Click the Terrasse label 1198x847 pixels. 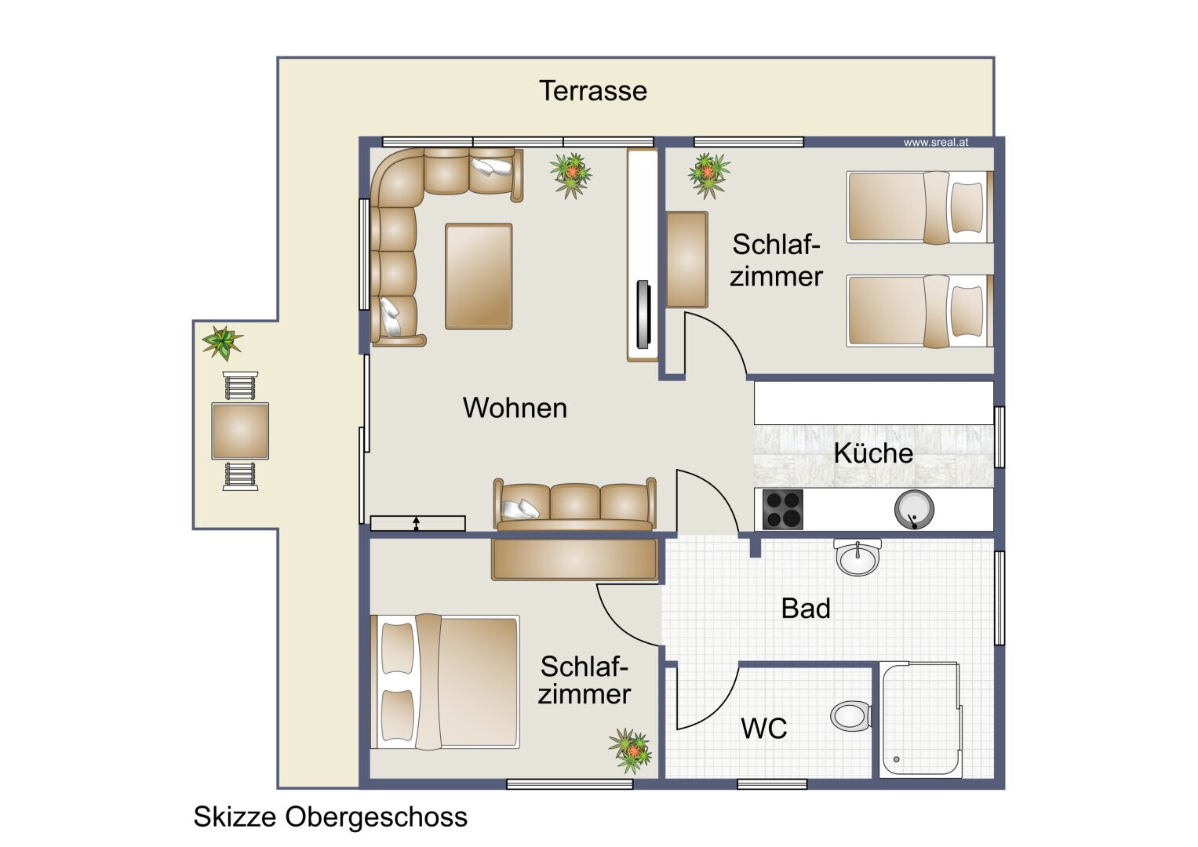point(593,91)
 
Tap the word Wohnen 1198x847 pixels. point(515,408)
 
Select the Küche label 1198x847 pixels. point(873,453)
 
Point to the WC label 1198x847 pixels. point(763,729)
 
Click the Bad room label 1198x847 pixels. point(806,609)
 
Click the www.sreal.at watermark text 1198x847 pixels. point(936,143)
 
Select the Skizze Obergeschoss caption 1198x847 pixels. point(330,817)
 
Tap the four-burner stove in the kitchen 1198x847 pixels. point(783,509)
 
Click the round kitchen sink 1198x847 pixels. point(914,509)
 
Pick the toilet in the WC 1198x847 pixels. point(851,715)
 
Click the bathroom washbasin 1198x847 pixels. point(858,557)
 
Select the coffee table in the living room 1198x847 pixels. point(479,276)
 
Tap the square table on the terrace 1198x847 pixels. point(240,431)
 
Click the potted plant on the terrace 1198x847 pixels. point(222,342)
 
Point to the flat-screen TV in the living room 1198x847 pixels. point(643,314)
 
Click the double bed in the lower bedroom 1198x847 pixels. point(445,682)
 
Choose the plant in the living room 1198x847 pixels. point(571,175)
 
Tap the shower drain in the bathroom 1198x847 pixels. point(897,759)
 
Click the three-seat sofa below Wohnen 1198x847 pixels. point(575,505)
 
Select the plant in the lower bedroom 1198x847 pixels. point(630,751)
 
